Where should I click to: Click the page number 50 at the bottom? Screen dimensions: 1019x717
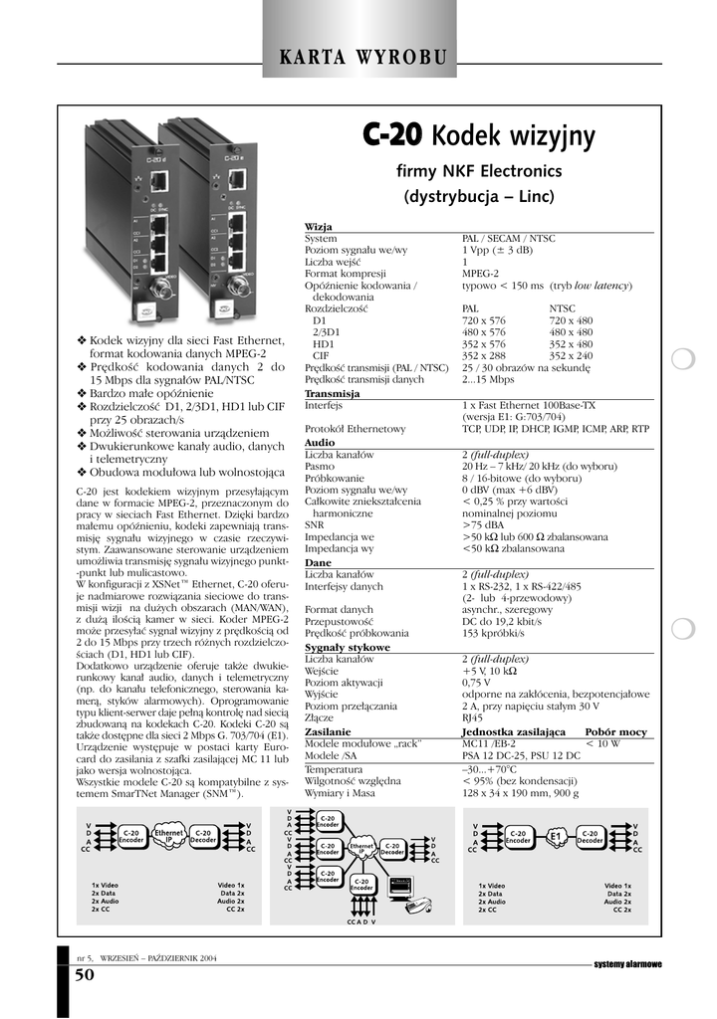tap(85, 976)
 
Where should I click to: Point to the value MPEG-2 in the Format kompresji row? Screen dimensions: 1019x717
tap(481, 274)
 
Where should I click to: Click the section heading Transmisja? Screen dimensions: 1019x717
tap(332, 395)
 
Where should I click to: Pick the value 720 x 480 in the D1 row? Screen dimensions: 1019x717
tap(571, 320)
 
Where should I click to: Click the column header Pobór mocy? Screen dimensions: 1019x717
tap(615, 731)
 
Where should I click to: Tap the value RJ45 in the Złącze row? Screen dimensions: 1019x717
tap(472, 717)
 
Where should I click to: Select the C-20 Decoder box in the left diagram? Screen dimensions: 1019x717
tap(204, 837)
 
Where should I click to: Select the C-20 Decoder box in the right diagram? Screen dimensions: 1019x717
tap(591, 837)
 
